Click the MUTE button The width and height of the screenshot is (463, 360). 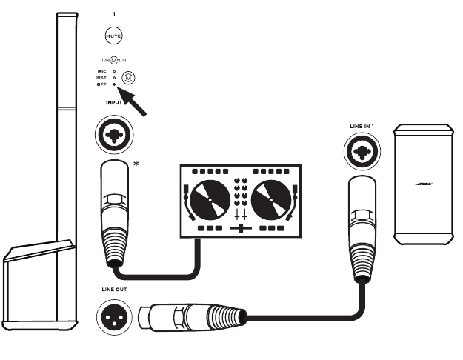[113, 35]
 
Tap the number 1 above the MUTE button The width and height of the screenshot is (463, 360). [113, 14]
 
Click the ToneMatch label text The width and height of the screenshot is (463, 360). [113, 60]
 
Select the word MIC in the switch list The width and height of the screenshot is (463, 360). [102, 71]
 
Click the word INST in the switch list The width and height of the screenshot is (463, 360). [101, 78]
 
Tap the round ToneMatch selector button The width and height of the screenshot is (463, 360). [129, 77]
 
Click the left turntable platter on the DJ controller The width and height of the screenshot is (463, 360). [210, 200]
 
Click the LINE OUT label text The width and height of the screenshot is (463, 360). [113, 289]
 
